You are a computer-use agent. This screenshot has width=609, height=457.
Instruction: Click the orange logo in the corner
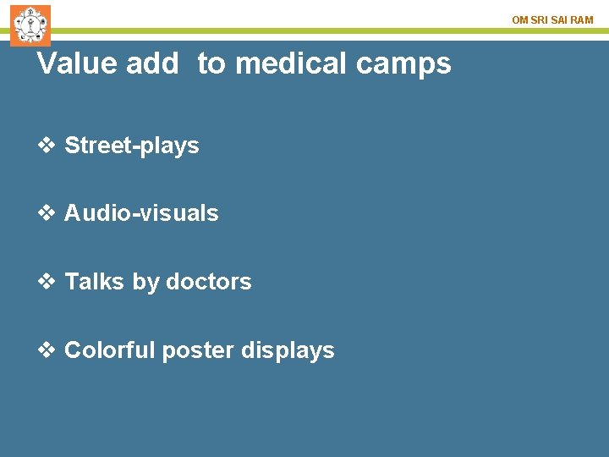[x=30, y=25]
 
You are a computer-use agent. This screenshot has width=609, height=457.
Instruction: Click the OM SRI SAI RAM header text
[x=552, y=19]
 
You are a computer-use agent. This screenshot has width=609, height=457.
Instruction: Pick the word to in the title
[x=212, y=63]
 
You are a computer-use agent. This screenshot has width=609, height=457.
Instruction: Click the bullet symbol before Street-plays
[x=47, y=146]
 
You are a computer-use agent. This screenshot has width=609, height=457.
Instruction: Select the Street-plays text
[x=132, y=146]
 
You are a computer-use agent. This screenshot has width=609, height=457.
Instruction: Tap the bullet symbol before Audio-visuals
[x=47, y=213]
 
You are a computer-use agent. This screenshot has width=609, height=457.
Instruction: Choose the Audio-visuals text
[x=141, y=213]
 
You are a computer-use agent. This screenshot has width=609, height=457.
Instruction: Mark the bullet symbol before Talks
[x=47, y=282]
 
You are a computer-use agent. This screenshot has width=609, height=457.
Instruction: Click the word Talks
[x=95, y=282]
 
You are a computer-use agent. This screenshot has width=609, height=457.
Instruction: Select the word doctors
[x=209, y=282]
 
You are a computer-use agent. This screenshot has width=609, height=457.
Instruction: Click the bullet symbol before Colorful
[x=47, y=350]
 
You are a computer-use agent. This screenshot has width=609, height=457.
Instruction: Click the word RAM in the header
[x=582, y=19]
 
